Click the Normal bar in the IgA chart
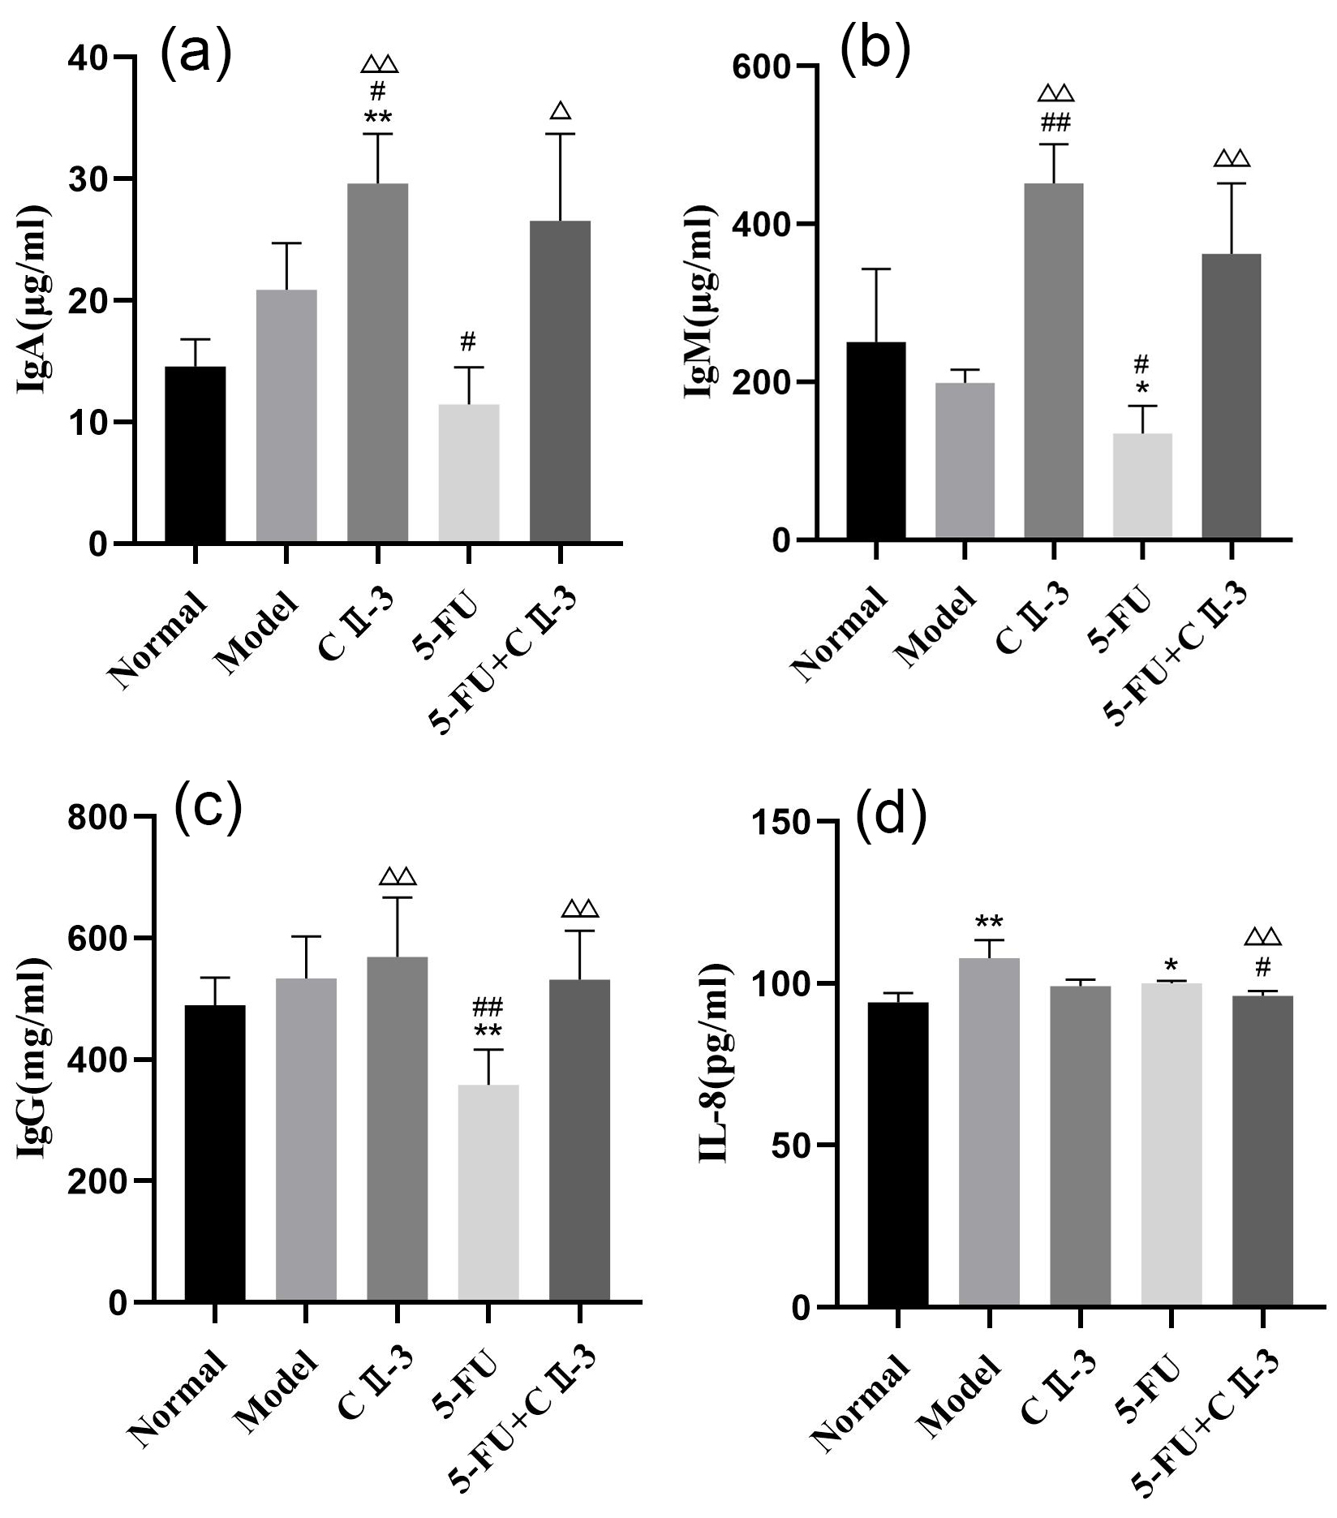click(195, 454)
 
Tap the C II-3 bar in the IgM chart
click(1053, 361)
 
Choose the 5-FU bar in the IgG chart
click(488, 1193)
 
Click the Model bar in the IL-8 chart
click(989, 1132)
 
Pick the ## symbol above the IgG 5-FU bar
click(488, 1008)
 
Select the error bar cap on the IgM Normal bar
click(875, 269)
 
